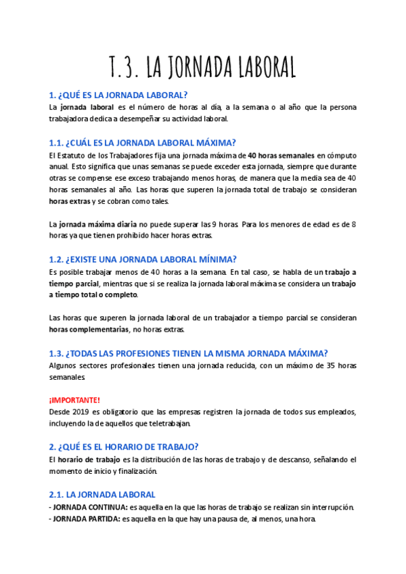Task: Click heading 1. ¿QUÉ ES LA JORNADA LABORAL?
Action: [118, 94]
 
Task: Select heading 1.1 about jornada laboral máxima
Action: [142, 142]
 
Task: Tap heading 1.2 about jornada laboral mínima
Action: [142, 259]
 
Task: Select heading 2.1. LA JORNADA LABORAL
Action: [102, 495]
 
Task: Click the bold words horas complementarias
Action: [89, 330]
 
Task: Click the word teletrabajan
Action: [169, 424]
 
